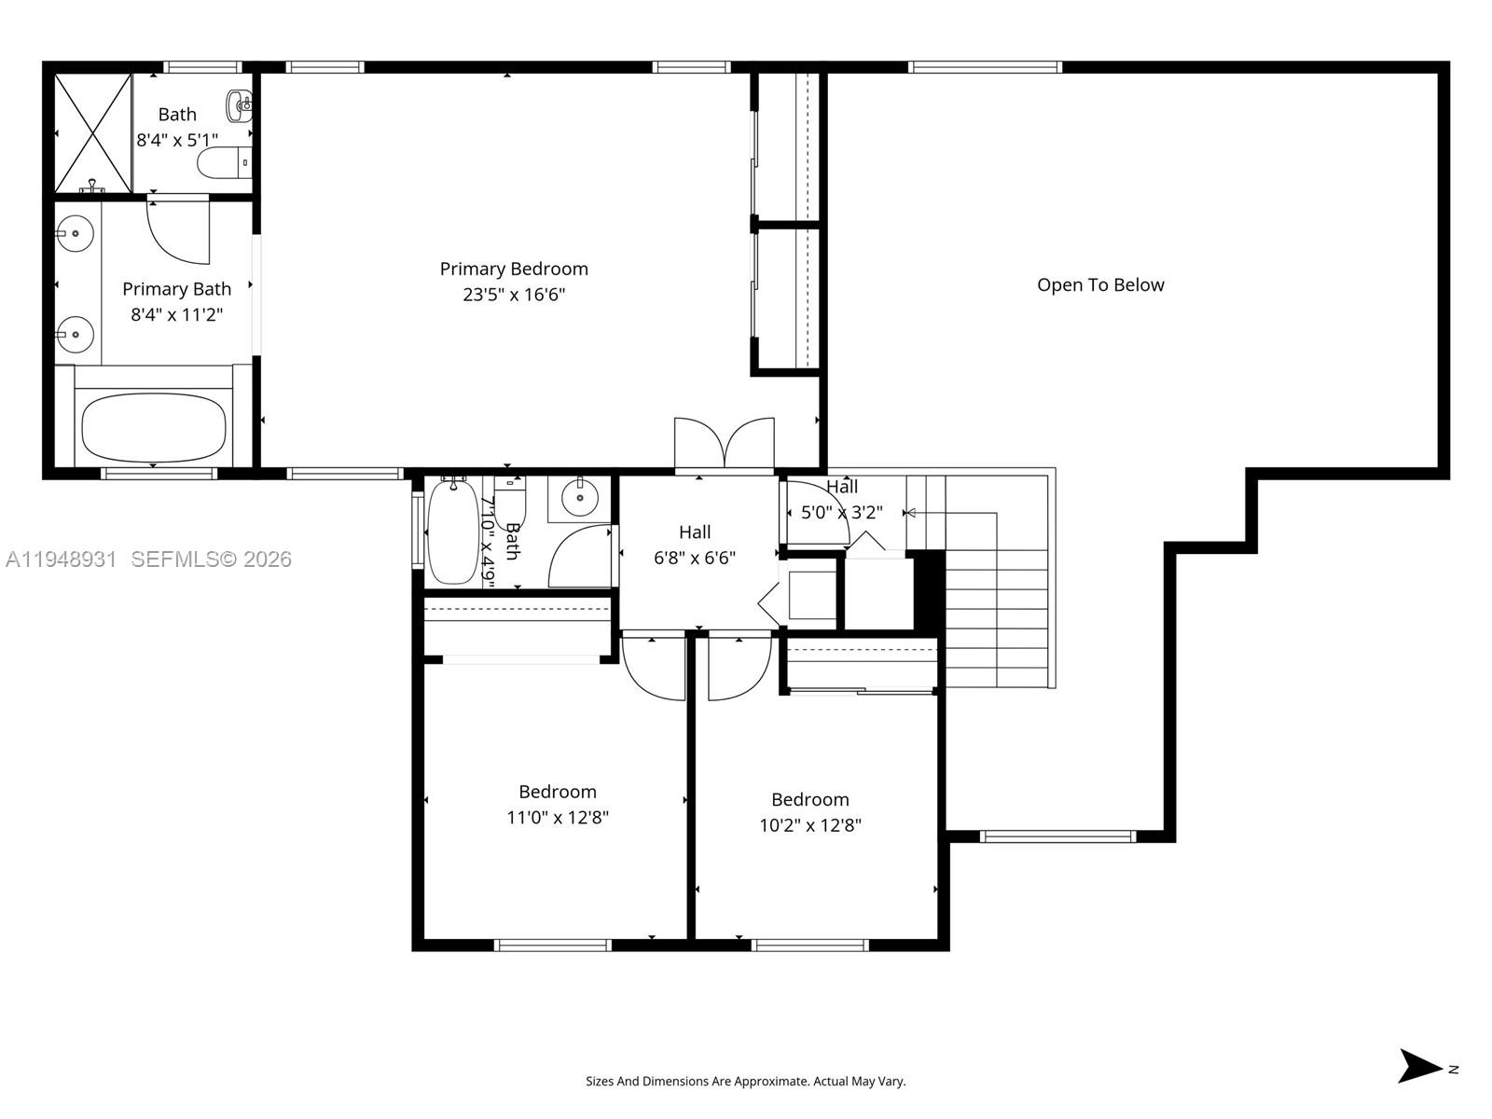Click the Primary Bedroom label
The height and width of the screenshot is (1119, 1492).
click(514, 269)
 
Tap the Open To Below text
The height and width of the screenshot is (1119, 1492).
click(1100, 284)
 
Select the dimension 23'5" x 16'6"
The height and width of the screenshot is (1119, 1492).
click(514, 295)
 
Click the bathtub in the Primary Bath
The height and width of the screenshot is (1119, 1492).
click(154, 427)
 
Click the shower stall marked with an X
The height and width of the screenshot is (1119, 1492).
click(92, 131)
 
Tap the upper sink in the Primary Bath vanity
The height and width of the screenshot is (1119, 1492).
click(75, 233)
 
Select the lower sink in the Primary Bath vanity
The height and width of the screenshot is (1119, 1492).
click(75, 334)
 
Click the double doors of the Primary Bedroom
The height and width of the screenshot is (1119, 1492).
click(725, 444)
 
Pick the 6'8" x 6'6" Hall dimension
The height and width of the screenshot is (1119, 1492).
click(695, 558)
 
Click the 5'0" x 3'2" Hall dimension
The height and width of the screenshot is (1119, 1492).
click(841, 512)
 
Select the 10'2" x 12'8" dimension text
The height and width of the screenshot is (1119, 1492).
click(809, 825)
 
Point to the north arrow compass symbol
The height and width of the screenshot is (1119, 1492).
click(1422, 1066)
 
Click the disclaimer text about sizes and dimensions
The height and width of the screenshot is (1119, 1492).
click(745, 1081)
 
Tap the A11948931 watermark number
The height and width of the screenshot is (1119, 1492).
click(62, 559)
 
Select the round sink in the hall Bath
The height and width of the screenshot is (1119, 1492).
click(580, 497)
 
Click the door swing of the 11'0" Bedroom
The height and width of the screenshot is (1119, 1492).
click(653, 667)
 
